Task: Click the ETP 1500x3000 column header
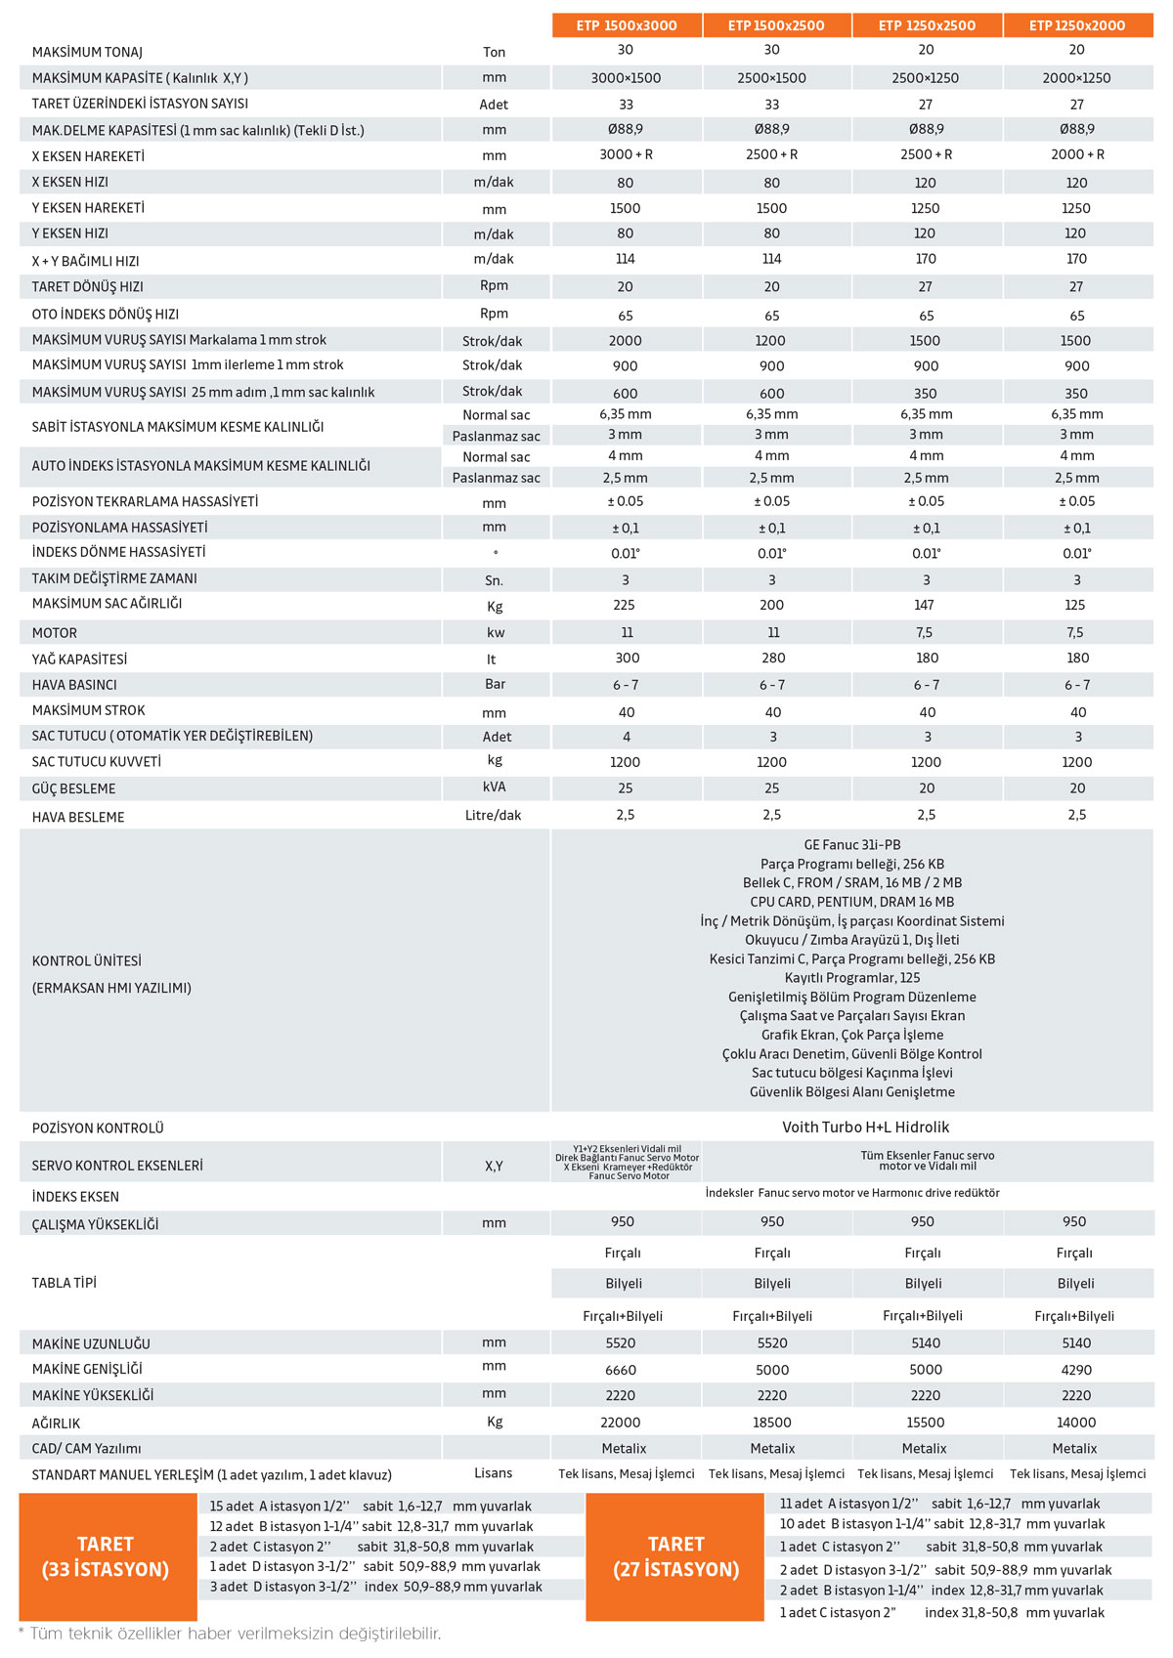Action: click(627, 25)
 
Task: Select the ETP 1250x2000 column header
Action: click(1077, 25)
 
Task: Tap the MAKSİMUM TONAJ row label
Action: click(87, 52)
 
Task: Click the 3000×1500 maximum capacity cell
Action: click(626, 78)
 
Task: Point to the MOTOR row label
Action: click(55, 633)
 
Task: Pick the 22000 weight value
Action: click(620, 1423)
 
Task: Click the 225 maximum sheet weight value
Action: click(624, 605)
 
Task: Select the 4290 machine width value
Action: click(1076, 1370)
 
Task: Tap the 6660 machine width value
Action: click(620, 1370)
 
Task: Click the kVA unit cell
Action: click(494, 787)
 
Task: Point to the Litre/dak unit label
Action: click(493, 815)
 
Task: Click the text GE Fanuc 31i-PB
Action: click(851, 845)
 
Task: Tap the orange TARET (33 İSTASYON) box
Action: click(106, 1556)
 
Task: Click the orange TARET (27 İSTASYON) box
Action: click(675, 1556)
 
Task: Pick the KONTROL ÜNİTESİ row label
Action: click(87, 960)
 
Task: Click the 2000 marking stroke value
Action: click(625, 341)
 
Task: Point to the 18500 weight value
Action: click(772, 1423)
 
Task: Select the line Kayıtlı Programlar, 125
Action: click(851, 978)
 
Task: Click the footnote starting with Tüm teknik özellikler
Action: click(231, 1634)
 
